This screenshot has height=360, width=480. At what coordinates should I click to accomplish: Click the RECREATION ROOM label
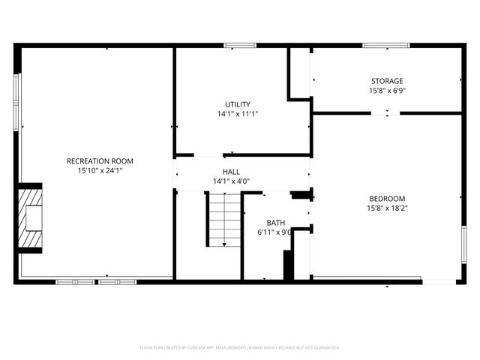(x=100, y=161)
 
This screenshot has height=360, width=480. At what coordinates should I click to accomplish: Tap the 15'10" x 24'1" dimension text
(x=100, y=170)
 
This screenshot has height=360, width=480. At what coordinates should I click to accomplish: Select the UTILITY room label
(x=238, y=104)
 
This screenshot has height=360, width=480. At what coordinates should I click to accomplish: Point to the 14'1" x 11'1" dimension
(x=238, y=114)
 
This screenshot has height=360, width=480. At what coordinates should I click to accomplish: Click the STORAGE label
(x=387, y=81)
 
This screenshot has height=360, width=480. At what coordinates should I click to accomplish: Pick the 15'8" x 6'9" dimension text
(x=387, y=91)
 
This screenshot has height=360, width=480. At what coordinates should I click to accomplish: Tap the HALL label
(x=231, y=172)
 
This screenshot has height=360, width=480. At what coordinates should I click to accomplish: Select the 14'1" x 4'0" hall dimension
(x=231, y=181)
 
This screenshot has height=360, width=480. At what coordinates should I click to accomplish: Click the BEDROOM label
(x=387, y=199)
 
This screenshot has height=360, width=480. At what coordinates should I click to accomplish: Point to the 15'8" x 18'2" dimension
(x=387, y=208)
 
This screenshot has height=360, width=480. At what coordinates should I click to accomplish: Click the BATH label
(x=276, y=223)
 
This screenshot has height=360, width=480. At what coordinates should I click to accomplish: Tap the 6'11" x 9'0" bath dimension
(x=274, y=232)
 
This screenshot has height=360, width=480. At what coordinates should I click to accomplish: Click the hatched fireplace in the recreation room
(x=31, y=218)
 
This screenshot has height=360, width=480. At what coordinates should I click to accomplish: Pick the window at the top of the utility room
(x=238, y=46)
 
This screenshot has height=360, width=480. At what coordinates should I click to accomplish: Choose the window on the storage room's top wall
(x=386, y=46)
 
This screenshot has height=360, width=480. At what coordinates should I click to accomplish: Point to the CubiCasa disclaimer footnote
(x=240, y=348)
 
